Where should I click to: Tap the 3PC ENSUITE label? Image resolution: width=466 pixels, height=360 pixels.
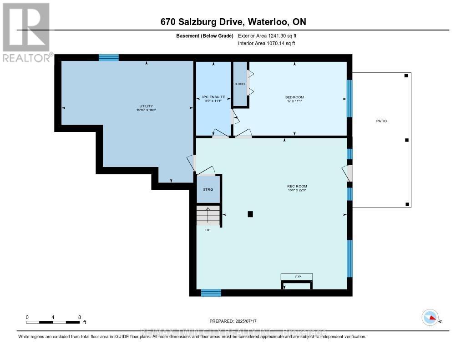tap(213, 97)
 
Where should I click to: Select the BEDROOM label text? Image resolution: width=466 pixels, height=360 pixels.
tap(294, 97)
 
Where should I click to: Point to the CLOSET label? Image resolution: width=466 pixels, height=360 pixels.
tap(240, 84)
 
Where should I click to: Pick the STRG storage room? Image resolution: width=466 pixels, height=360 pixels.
tap(208, 189)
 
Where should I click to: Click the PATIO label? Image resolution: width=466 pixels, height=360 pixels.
tap(381, 121)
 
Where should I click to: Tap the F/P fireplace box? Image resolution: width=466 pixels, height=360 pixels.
tap(297, 276)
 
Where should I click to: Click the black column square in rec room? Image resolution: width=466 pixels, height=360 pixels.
tap(250, 214)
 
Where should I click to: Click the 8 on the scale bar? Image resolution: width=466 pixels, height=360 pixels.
tap(79, 317)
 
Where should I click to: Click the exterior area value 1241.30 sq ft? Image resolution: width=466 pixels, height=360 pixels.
tap(267, 35)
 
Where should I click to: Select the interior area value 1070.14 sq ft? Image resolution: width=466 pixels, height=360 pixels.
tap(267, 44)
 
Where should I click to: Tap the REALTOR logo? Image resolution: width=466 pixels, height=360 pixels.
tap(26, 32)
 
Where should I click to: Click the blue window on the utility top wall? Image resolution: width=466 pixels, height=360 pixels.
tap(109, 57)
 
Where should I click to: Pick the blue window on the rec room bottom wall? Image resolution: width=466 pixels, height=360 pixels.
tap(211, 293)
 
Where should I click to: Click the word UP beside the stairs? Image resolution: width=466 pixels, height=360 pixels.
tap(207, 230)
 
